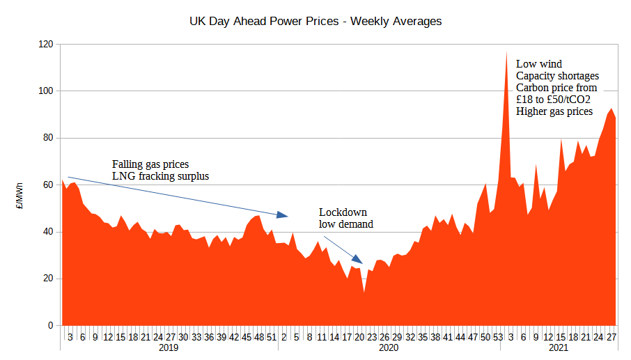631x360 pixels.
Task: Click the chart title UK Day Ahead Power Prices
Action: click(x=315, y=22)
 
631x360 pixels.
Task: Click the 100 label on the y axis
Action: click(x=46, y=91)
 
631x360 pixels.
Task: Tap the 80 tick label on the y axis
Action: click(x=48, y=138)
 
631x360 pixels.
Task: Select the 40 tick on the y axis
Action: click(x=48, y=232)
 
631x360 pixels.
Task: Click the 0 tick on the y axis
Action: click(x=51, y=326)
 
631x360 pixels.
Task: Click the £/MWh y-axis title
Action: click(x=21, y=196)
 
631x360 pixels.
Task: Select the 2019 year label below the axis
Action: click(x=169, y=347)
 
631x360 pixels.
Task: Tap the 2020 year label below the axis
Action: click(x=388, y=347)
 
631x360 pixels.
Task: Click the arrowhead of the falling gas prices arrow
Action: click(x=284, y=214)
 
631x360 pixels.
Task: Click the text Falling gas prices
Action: click(x=150, y=164)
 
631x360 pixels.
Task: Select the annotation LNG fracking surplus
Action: click(x=160, y=177)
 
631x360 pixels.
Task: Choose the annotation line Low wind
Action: click(x=538, y=64)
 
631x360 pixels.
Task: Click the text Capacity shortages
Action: click(x=557, y=76)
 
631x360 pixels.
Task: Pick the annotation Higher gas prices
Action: click(x=554, y=111)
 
